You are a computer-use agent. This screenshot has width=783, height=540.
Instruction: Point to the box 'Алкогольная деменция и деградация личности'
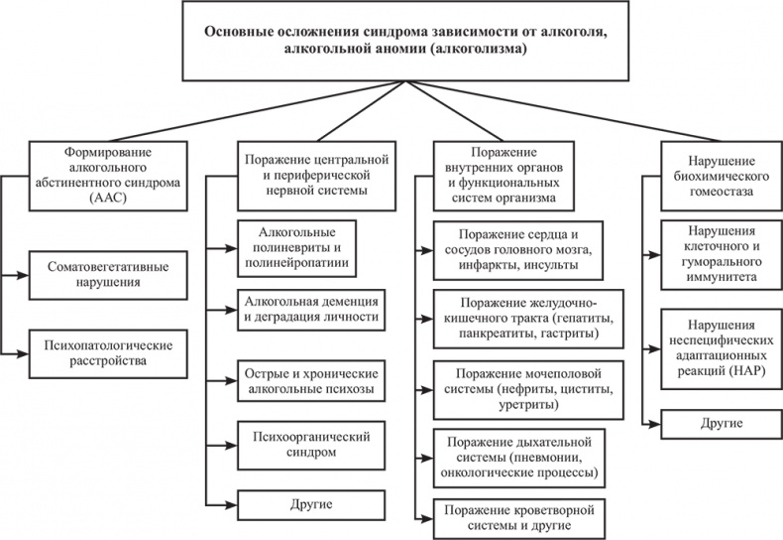(x=310, y=309)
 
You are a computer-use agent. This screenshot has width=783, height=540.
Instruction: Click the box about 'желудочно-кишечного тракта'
(x=518, y=317)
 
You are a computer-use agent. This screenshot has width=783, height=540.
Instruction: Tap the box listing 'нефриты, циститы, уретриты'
(x=518, y=389)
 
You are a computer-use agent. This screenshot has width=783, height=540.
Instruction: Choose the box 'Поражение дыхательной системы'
(x=518, y=456)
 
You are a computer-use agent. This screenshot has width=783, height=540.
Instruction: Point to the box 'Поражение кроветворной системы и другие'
(x=518, y=517)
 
